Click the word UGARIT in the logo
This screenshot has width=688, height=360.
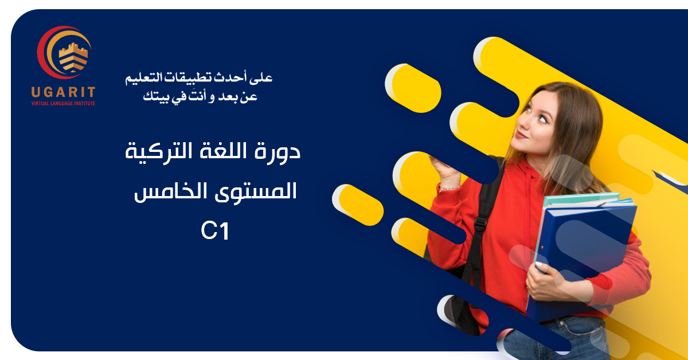(x=63, y=92)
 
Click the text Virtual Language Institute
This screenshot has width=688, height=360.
(x=63, y=104)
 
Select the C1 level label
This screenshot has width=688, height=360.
(x=215, y=231)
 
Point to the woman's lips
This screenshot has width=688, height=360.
(x=521, y=135)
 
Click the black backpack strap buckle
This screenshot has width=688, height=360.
(x=480, y=224)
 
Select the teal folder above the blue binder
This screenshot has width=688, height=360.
(x=580, y=199)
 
